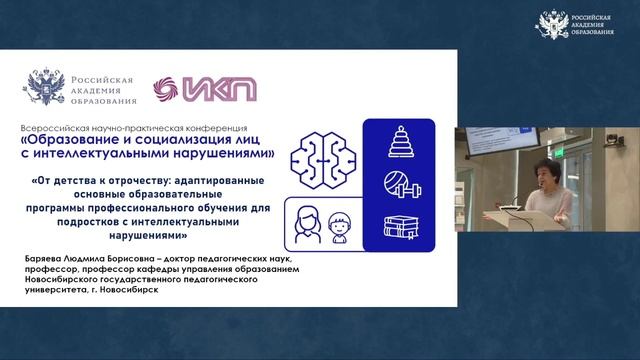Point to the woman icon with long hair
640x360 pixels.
[306, 222]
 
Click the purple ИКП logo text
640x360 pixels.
[222, 88]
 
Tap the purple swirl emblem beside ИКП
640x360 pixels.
[167, 88]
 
